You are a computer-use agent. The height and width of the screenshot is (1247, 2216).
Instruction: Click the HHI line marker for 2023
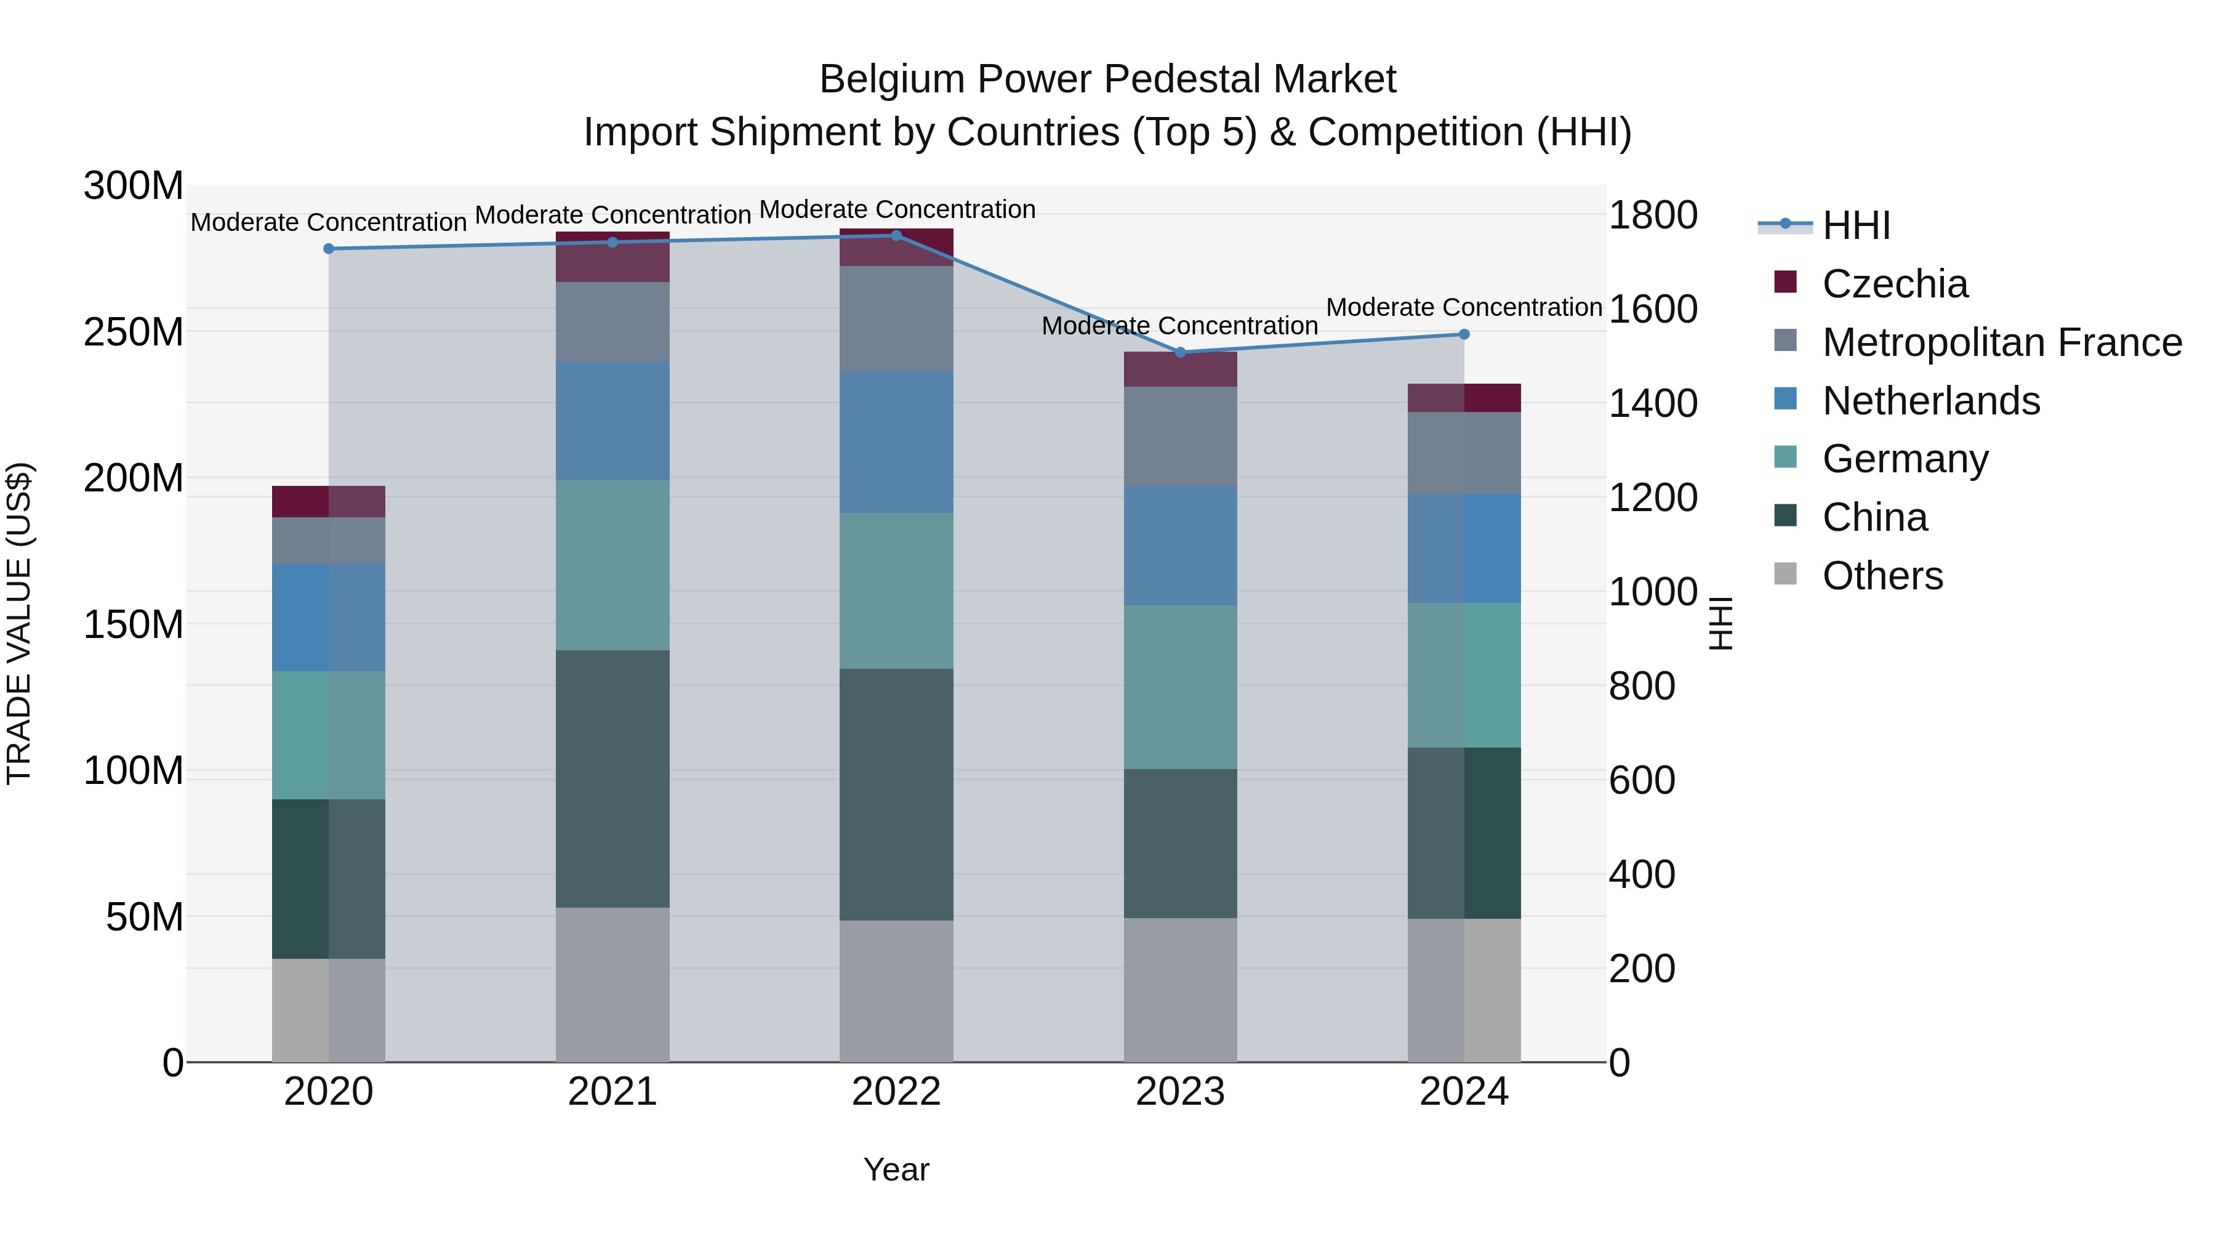[x=1180, y=352]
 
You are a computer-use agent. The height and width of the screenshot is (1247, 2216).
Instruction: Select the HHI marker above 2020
[x=329, y=249]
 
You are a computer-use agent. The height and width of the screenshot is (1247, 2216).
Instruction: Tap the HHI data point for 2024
[x=1464, y=334]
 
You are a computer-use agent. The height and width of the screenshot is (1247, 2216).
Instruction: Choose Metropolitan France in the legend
[x=2002, y=342]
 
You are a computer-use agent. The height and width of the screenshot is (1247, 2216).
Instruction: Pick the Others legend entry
[x=1882, y=576]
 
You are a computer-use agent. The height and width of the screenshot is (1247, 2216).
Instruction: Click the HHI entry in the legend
[x=1857, y=225]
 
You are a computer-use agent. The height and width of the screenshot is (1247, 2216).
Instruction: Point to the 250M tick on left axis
[x=134, y=332]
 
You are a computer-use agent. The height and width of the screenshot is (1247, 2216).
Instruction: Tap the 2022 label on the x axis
[x=896, y=1092]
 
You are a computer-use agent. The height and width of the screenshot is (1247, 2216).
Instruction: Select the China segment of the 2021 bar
[x=612, y=779]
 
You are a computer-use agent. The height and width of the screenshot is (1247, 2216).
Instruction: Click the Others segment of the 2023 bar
[x=1180, y=990]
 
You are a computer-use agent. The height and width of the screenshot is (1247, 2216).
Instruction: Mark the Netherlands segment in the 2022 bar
[x=896, y=442]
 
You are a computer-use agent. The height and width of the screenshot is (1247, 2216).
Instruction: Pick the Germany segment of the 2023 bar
[x=1180, y=687]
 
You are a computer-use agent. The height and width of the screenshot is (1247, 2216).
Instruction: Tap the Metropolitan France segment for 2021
[x=612, y=321]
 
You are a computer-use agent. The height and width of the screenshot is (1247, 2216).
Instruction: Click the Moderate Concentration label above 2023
[x=1179, y=326]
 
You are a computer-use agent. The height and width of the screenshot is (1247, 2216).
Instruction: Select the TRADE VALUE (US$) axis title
[x=19, y=623]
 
